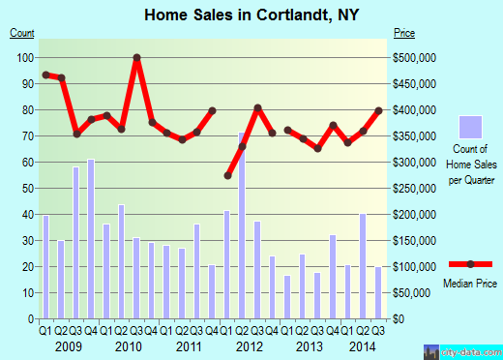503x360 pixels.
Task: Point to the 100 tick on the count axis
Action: point(26,58)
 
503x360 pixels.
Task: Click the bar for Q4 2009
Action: point(91,238)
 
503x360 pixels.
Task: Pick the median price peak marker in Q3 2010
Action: point(137,58)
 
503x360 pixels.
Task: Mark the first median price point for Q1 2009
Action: point(45,75)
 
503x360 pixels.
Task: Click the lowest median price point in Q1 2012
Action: point(228,175)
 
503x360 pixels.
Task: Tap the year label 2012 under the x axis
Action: point(251,345)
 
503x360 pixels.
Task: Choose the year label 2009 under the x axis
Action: point(68,345)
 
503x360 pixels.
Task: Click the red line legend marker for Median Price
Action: point(471,264)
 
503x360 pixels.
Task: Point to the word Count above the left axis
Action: point(22,34)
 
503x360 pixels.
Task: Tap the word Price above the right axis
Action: point(404,34)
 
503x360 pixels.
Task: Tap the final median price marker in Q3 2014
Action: point(379,110)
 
